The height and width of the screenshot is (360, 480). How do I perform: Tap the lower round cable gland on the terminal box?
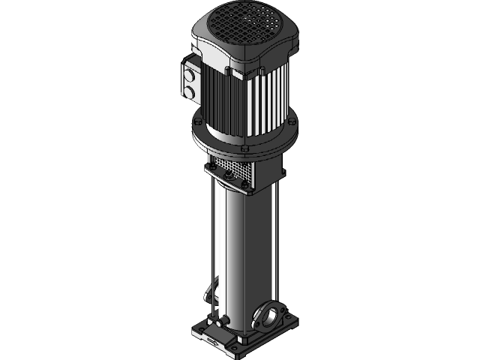click(190, 92)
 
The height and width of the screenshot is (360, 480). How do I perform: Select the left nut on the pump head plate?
click(213, 169)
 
